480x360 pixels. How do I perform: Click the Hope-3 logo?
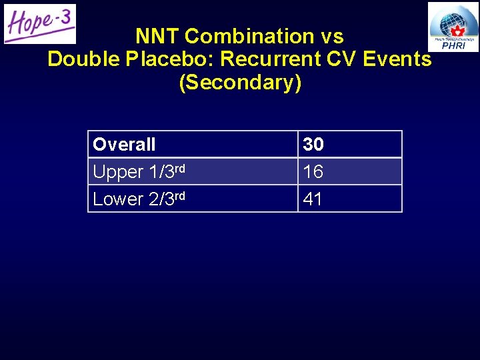(x=40, y=24)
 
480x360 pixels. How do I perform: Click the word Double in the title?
(x=82, y=59)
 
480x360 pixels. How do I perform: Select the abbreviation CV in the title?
(x=345, y=59)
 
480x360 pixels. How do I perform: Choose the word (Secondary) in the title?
(x=240, y=83)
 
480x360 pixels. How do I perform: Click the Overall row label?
(x=125, y=145)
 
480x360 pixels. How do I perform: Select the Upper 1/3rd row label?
(x=139, y=171)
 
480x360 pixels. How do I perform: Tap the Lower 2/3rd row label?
(x=139, y=199)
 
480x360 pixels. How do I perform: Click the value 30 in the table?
(x=313, y=145)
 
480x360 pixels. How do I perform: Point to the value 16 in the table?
(x=313, y=172)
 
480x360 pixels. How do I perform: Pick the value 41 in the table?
(x=313, y=199)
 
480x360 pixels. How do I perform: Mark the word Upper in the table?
(x=117, y=172)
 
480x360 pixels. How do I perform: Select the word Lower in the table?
(x=118, y=199)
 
